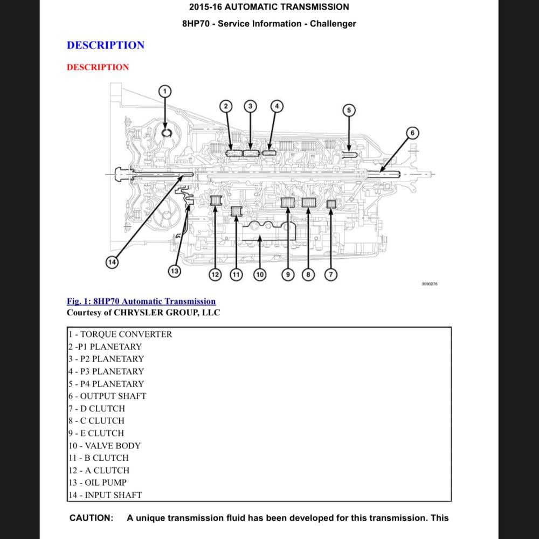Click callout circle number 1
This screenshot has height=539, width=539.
tap(165, 91)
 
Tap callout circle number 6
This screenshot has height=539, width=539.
tap(412, 133)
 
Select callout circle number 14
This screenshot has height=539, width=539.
tap(112, 262)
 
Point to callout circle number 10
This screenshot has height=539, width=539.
tap(260, 274)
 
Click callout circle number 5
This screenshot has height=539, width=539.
tap(349, 110)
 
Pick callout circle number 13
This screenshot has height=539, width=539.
tap(174, 271)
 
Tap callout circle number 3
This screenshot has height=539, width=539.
tap(250, 106)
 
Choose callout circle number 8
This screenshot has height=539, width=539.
tap(308, 274)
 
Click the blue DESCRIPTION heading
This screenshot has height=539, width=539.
tap(106, 45)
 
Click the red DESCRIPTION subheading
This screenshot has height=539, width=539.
tap(98, 67)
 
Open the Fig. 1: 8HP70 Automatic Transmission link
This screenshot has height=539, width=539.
tap(141, 301)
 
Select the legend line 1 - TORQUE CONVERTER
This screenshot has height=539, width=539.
tap(120, 334)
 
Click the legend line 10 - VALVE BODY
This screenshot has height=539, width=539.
tap(104, 446)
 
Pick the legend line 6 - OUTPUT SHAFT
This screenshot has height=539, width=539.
tap(107, 396)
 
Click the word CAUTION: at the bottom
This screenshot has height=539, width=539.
tap(91, 518)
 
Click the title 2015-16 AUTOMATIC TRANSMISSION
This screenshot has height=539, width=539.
tap(269, 7)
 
